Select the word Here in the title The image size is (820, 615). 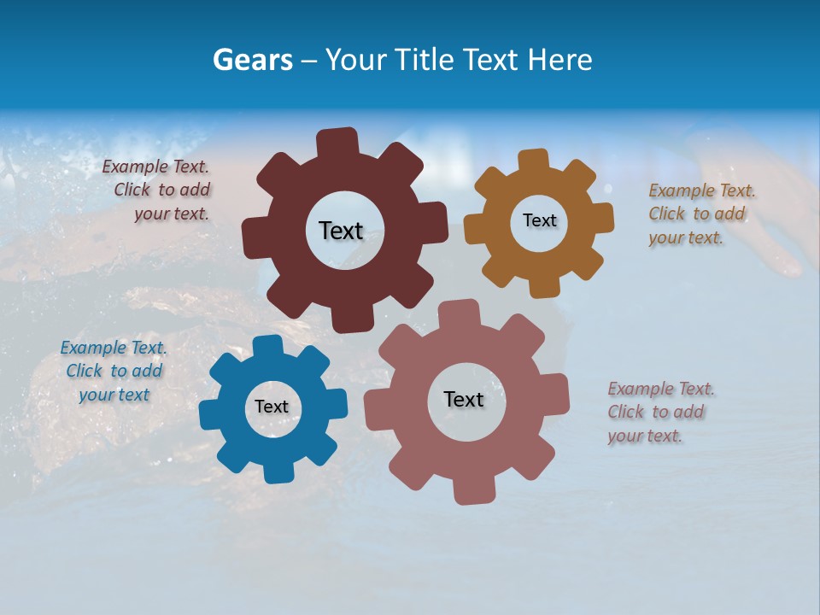tap(560, 60)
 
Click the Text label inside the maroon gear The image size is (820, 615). tap(341, 231)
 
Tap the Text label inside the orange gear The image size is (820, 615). tap(539, 220)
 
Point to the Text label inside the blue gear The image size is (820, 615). tap(272, 407)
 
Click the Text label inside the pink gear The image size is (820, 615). tap(464, 399)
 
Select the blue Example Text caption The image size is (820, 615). tap(114, 371)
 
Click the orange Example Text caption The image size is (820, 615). tap(701, 214)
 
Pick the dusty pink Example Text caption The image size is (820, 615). tap(660, 412)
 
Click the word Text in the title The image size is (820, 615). tap(494, 60)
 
